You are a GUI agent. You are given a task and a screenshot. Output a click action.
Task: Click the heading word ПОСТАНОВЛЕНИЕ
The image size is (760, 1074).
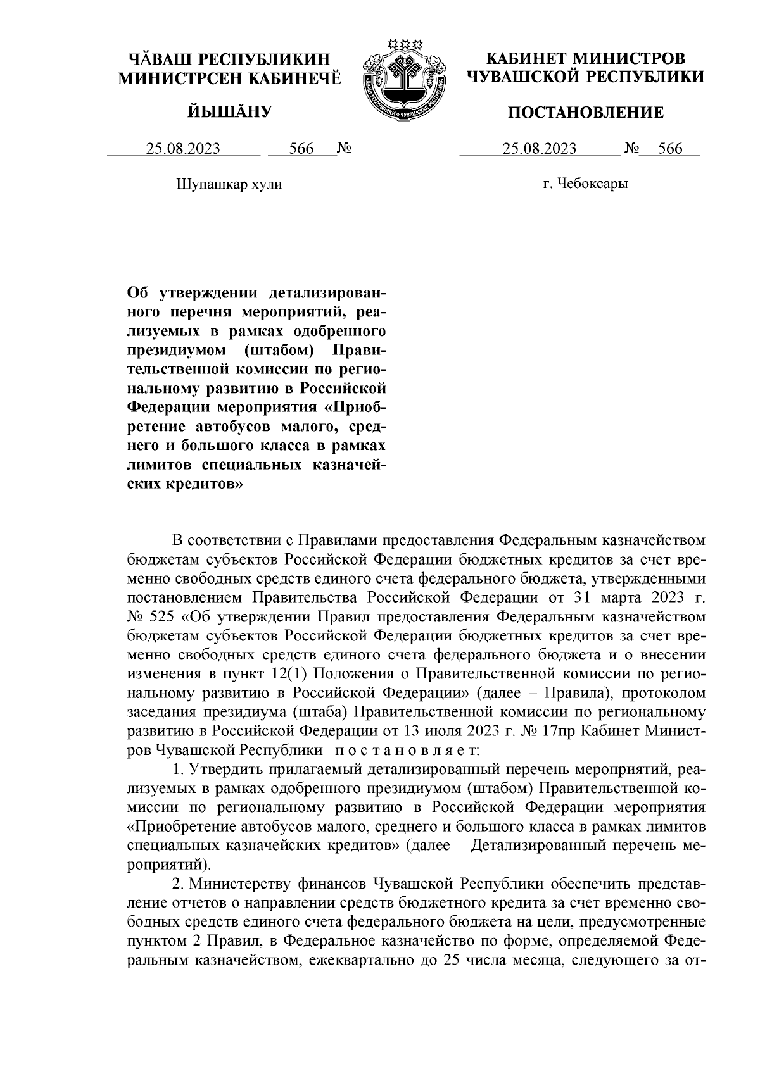coord(586,113)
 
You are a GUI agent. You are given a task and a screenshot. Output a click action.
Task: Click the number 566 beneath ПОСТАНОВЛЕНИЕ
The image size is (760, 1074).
coord(670,149)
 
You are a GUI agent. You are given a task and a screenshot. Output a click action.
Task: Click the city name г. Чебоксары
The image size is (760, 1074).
coord(586,185)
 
